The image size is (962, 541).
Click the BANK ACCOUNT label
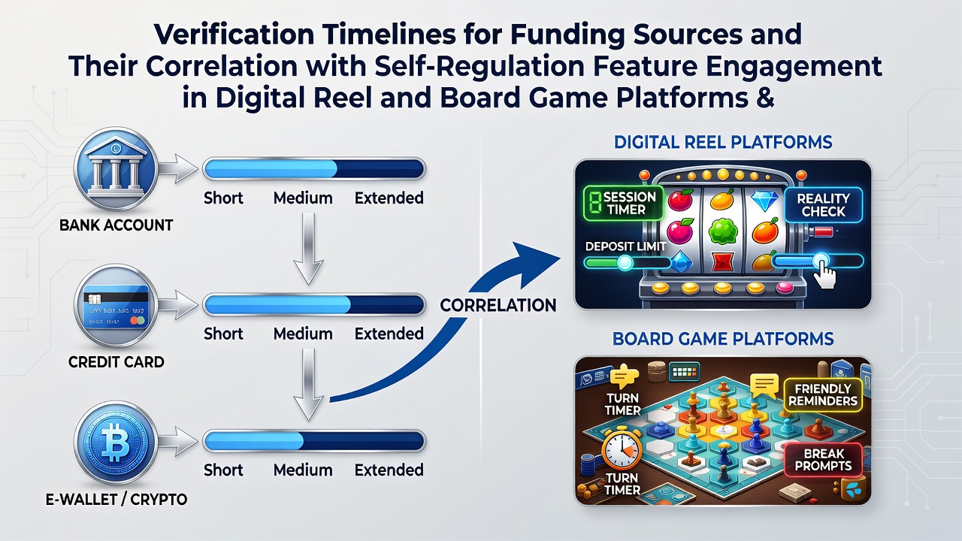pyautogui.click(x=116, y=225)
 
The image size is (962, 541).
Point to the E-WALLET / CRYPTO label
pyautogui.click(x=116, y=500)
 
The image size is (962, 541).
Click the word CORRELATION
pyautogui.click(x=498, y=305)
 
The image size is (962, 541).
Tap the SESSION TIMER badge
pyautogui.click(x=623, y=203)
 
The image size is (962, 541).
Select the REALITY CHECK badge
pyautogui.click(x=823, y=205)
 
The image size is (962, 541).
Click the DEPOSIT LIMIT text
pyautogui.click(x=626, y=246)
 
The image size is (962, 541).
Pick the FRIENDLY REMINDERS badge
pyautogui.click(x=823, y=395)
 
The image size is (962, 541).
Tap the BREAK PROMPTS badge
pyautogui.click(x=823, y=460)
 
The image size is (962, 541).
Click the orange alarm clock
pyautogui.click(x=622, y=449)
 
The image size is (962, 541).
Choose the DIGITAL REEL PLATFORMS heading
pyautogui.click(x=723, y=142)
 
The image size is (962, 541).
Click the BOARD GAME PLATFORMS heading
pyautogui.click(x=723, y=339)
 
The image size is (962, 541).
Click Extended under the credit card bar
pyautogui.click(x=389, y=334)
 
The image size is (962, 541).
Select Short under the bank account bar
pyautogui.click(x=223, y=198)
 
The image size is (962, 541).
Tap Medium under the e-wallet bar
pyautogui.click(x=303, y=470)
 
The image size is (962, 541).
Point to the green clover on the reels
pyautogui.click(x=723, y=232)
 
